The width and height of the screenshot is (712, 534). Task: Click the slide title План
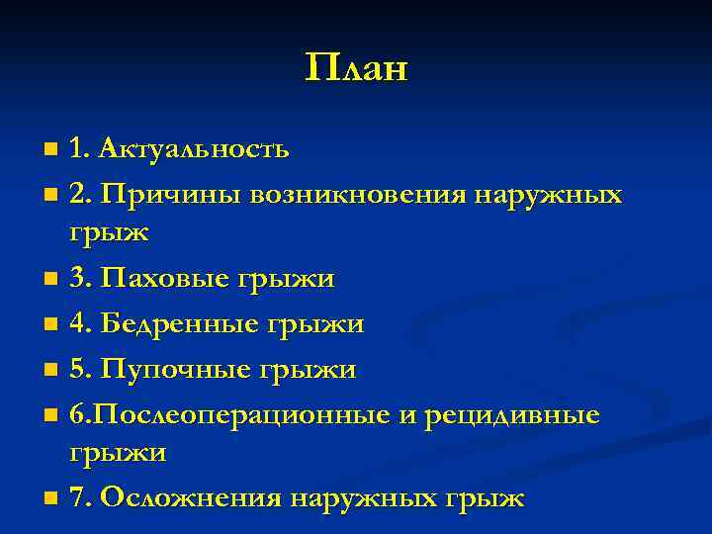[356, 68]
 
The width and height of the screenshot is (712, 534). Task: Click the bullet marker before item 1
[51, 150]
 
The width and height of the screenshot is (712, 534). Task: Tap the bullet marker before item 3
[51, 281]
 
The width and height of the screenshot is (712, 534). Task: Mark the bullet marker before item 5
[51, 370]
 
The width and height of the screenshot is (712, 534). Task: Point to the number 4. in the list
[82, 323]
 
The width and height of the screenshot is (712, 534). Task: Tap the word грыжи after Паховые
[286, 280]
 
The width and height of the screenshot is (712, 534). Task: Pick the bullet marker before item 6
[51, 414]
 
